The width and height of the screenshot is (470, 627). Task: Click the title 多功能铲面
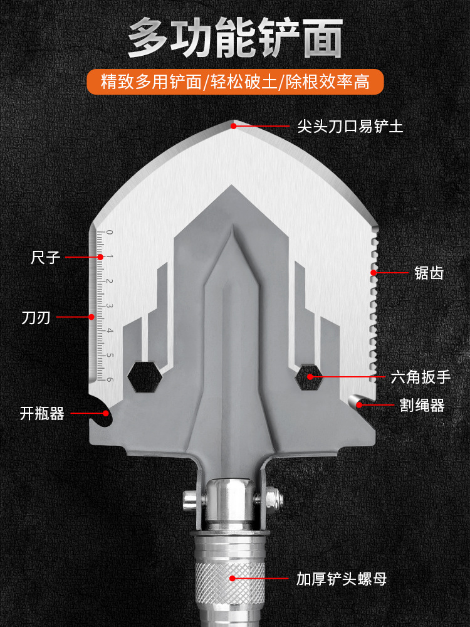point(235,39)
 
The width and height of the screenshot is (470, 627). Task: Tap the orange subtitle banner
point(235,82)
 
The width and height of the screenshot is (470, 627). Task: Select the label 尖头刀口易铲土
point(350,126)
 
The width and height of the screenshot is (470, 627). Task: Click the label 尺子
point(46,257)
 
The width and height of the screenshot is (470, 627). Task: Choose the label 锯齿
point(429,273)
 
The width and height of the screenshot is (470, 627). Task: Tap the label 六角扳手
point(420,377)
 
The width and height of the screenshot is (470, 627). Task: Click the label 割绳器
point(422,405)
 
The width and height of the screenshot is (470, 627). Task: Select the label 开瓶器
point(42,413)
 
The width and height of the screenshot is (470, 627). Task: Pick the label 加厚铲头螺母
point(342,578)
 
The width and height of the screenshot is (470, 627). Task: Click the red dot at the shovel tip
point(233,126)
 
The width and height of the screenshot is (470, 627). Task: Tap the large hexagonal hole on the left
point(145,376)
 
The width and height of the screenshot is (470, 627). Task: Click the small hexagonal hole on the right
point(310,376)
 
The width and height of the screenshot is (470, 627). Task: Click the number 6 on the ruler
point(110,379)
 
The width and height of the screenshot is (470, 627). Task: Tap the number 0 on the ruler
point(110,233)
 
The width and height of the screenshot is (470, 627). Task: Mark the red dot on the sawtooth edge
point(373,273)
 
